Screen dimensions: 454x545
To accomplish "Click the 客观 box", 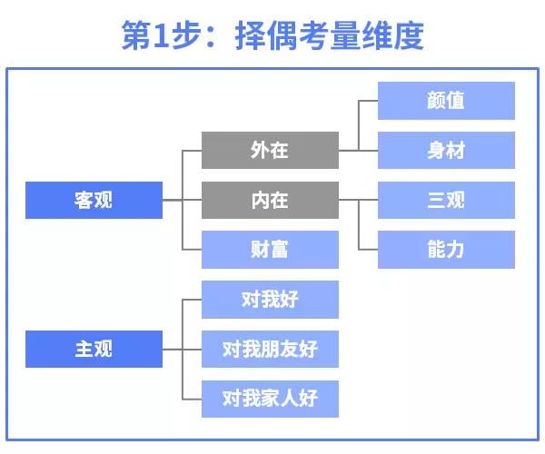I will pos(94,200).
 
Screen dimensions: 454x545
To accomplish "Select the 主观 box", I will pos(94,349).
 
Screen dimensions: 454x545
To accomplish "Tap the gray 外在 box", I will pos(270,150).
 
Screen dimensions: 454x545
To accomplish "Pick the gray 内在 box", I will pos(270,200).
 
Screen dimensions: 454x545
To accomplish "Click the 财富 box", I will pos(270,249).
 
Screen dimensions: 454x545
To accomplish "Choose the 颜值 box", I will pos(446,101).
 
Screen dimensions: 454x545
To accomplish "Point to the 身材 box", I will pos(446,150).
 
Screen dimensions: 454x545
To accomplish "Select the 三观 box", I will pos(446,200).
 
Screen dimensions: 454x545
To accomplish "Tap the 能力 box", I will pos(446,249).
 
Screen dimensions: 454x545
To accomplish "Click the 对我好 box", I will pos(270,299).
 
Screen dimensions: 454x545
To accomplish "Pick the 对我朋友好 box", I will pos(270,349).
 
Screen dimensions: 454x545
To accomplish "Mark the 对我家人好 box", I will pos(270,398).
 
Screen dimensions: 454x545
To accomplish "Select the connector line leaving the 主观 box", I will pos(173,349).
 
